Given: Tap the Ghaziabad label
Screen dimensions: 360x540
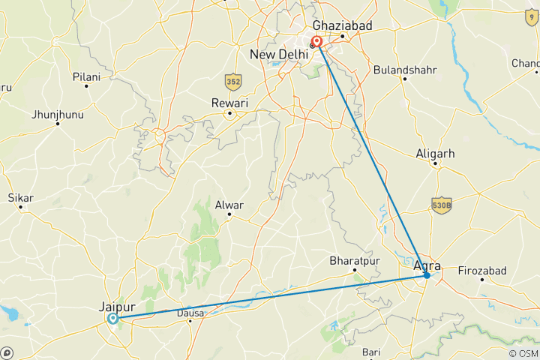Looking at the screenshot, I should click(342, 25).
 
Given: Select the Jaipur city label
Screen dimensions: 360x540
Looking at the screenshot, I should click(116, 306).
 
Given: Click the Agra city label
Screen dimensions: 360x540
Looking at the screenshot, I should click(427, 265).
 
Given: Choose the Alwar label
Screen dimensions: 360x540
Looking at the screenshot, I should click(230, 204).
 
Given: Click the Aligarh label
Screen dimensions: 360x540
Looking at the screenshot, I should click(435, 154).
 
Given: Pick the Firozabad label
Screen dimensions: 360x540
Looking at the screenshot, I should click(482, 270).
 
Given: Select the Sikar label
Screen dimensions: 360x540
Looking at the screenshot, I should click(20, 198).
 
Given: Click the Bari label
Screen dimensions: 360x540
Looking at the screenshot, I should click(371, 351).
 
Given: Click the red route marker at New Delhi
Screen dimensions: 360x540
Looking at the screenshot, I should click(317, 41).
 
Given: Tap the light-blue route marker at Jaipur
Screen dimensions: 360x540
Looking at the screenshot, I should click(112, 319).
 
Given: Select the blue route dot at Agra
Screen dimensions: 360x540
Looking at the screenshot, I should click(427, 275).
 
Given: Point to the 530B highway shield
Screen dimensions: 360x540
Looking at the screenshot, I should click(442, 204).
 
